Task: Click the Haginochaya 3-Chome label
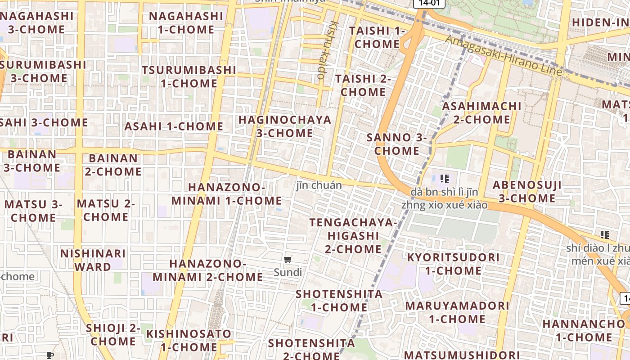click(285, 126)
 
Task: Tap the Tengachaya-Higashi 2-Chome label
click(353, 236)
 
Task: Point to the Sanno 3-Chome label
click(396, 144)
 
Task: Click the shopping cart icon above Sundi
click(288, 259)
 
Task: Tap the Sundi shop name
click(288, 272)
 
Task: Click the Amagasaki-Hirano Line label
click(504, 55)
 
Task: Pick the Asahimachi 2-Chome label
click(481, 113)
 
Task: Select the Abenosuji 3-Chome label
click(527, 192)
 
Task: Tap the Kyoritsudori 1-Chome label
click(453, 264)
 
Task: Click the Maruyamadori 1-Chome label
click(457, 312)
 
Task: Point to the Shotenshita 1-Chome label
click(339, 301)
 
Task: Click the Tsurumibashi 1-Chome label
click(189, 76)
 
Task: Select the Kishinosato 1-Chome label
click(189, 340)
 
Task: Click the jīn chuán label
click(319, 185)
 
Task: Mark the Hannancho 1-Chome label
click(584, 330)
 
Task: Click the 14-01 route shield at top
click(429, 3)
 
